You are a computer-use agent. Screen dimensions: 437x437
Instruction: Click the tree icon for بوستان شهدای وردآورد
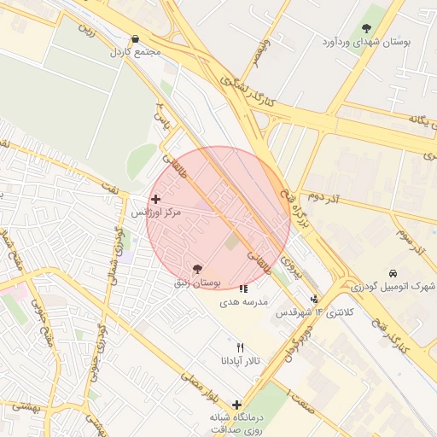point(367,29)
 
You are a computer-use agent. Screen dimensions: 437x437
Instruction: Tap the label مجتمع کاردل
point(135,52)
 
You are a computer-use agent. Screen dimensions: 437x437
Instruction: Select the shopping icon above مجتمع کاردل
point(135,38)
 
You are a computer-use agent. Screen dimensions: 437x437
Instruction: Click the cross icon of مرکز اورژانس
point(154,199)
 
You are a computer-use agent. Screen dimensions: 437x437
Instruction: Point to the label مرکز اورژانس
point(156,212)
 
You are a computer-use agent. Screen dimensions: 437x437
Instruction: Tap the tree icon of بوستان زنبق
point(198,270)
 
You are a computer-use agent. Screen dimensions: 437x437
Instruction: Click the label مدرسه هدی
point(244,302)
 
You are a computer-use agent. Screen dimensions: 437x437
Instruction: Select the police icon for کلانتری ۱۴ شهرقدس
point(315,299)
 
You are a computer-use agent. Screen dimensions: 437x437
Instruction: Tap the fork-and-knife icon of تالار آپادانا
point(240,347)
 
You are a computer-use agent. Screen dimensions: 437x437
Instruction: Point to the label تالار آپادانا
point(240,361)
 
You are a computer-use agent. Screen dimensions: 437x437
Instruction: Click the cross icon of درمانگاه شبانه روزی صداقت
point(236,405)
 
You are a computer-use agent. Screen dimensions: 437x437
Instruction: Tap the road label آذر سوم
point(411,240)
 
